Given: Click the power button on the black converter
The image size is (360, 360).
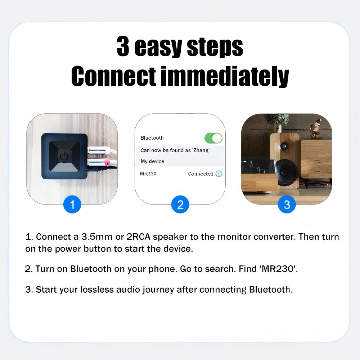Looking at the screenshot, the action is (64, 156).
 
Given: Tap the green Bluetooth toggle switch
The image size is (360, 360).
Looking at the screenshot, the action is (213, 138).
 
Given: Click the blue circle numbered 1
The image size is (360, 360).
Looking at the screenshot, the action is (72, 204).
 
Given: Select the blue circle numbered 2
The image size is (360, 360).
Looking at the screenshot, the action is (180, 204).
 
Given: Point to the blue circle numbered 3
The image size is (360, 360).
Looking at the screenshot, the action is (287, 204).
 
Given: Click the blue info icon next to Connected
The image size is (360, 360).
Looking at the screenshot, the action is (219, 174).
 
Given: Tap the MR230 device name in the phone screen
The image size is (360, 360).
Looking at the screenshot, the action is (148, 174).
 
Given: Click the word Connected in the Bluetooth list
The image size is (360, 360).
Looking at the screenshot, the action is (201, 174).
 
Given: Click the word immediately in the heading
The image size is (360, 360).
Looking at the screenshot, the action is (224, 76).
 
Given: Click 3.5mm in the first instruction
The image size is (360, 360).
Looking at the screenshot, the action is (96, 237).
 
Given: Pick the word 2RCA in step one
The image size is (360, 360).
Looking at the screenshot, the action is (138, 237).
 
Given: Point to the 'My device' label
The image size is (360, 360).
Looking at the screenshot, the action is (152, 161).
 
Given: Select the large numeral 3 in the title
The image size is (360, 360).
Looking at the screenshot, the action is (123, 46).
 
